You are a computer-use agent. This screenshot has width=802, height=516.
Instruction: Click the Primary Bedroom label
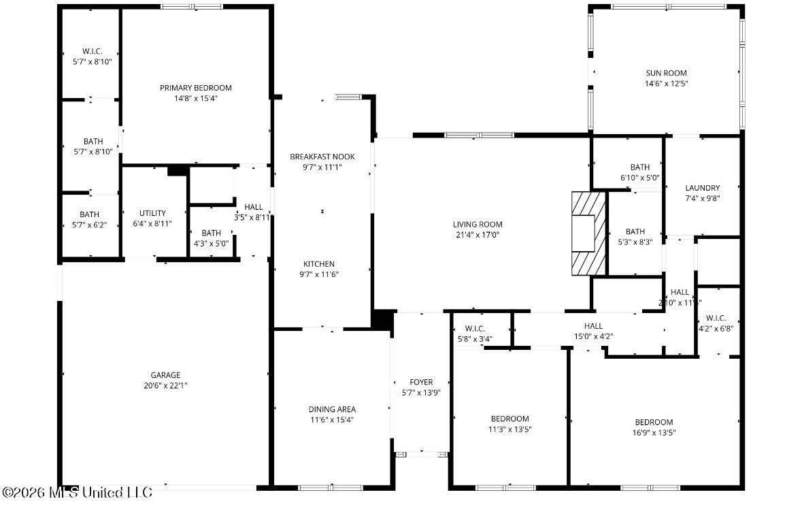tap(195, 88)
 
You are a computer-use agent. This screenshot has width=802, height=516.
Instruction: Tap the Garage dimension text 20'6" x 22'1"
tap(165, 385)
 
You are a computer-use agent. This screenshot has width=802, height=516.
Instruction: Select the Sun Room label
tap(666, 74)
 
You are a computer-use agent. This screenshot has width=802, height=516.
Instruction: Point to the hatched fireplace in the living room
tap(588, 234)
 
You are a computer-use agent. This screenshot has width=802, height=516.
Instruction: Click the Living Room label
tap(478, 224)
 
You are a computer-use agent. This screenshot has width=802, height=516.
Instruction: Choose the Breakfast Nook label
tap(322, 157)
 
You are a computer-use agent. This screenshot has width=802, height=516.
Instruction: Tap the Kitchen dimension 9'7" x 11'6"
tap(318, 274)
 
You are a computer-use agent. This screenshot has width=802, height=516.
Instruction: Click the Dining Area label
tap(332, 409)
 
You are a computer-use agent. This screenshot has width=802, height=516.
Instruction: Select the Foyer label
tap(421, 382)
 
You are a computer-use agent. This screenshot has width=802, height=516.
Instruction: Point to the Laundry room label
tap(702, 188)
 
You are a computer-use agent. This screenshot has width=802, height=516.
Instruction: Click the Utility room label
tap(152, 213)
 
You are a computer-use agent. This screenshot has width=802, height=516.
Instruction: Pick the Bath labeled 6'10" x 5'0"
tap(640, 172)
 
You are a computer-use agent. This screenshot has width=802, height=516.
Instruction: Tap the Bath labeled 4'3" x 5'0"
tap(211, 238)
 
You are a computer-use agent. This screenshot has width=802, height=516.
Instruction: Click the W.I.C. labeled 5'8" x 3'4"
tap(475, 334)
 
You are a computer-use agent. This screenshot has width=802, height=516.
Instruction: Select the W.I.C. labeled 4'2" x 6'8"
tap(716, 323)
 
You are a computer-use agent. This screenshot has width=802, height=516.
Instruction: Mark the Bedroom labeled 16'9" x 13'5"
tap(654, 427)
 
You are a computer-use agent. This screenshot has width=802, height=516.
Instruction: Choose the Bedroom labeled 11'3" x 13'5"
tap(509, 424)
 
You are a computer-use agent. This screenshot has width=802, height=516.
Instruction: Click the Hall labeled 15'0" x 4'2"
tap(593, 332)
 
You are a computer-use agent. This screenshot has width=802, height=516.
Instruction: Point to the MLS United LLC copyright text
tap(78, 492)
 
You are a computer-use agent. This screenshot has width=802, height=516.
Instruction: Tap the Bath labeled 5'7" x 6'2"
tap(89, 220)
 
